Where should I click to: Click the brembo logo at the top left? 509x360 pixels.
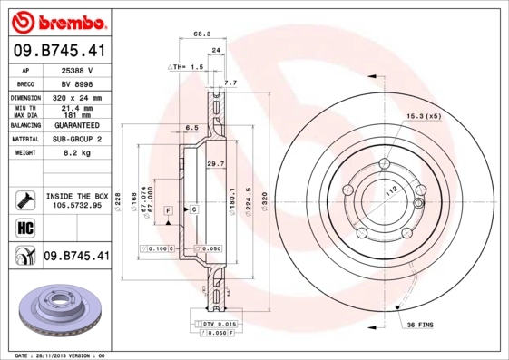tap(58, 20)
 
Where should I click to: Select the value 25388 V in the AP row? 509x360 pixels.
tap(76, 69)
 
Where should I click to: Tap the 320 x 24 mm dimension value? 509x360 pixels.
tap(76, 96)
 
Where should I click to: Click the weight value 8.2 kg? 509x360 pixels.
tap(76, 153)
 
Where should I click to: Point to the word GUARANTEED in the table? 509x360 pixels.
tap(76, 125)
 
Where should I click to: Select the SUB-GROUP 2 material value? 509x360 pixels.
tap(76, 140)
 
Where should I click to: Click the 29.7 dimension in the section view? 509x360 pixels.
tap(215, 163)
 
